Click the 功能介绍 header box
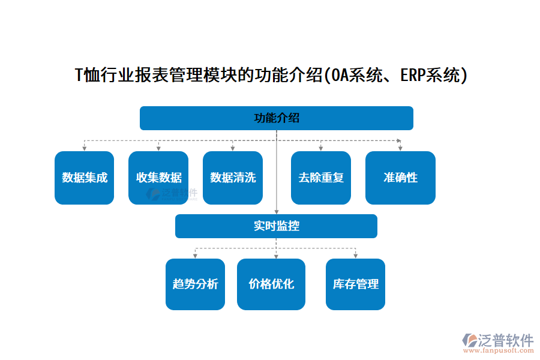click(276, 118)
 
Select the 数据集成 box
click(85, 178)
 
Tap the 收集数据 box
click(158, 178)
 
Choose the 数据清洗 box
click(233, 178)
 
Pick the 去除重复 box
click(321, 178)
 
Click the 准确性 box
click(400, 178)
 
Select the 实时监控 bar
click(276, 226)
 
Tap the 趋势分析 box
click(195, 284)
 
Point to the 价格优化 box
click(271, 284)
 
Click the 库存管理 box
click(355, 284)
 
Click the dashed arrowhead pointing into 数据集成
click(85, 148)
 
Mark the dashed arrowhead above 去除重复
click(321, 148)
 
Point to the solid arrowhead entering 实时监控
click(276, 211)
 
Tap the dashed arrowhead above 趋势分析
click(195, 256)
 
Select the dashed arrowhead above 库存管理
click(355, 256)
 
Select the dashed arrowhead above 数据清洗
click(233, 148)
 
